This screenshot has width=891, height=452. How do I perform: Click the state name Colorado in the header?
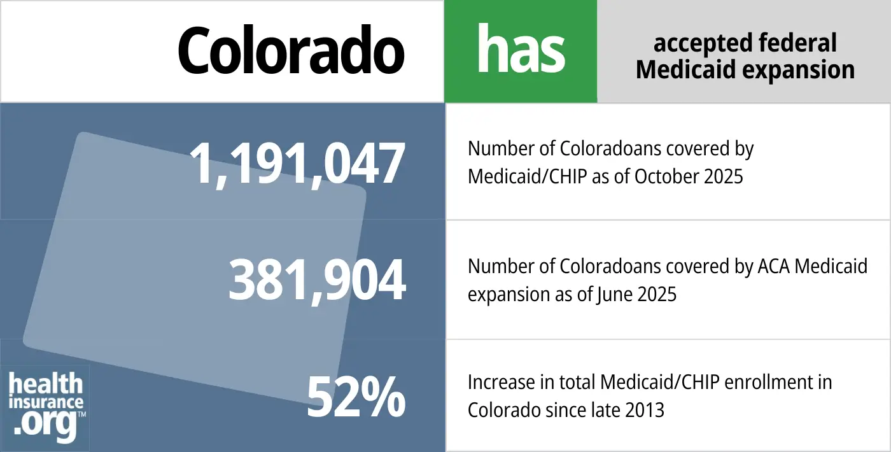[x=291, y=51]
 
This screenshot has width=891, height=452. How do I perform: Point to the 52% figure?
[x=356, y=399]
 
